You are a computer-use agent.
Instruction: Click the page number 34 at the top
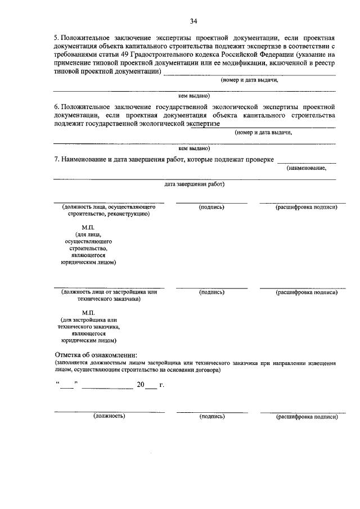tap(193, 21)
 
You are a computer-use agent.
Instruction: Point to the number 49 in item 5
tap(128, 54)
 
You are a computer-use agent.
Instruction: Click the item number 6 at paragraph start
tap(56, 106)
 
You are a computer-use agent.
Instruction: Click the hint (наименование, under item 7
tap(306, 168)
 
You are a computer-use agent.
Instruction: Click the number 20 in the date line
tap(141, 385)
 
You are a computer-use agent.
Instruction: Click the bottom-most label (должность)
tap(109, 416)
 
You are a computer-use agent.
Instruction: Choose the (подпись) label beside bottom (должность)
tap(211, 416)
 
